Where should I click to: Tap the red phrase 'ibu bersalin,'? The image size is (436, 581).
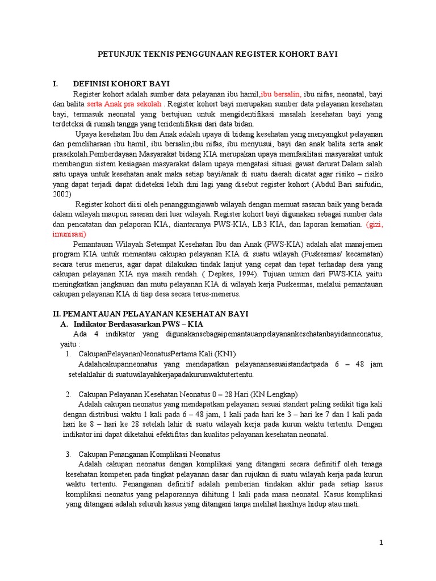281,94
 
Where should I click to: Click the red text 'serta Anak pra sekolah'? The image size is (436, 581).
124,104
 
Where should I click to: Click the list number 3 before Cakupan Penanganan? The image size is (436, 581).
68,454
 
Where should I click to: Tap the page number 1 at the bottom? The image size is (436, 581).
382,543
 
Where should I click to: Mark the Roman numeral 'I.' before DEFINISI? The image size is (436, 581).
56,84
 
